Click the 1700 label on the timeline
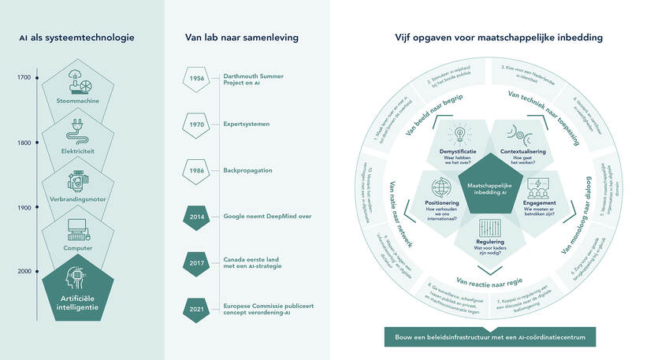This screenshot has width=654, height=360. tap(24, 77)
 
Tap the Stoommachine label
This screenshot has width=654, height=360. tap(78, 101)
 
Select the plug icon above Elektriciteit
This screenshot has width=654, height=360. tap(78, 131)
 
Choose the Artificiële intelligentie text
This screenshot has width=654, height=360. tap(78, 302)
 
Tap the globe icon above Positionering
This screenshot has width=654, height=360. tap(440, 188)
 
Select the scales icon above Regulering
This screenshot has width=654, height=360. tap(489, 225)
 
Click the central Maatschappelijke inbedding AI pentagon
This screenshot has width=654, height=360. tap(489, 184)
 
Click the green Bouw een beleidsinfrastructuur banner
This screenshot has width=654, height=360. tap(489, 338)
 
